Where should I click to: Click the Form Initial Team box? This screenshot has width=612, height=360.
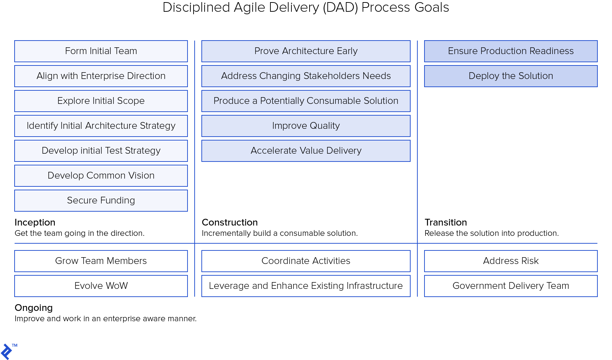tap(101, 51)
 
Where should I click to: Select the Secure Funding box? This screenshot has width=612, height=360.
tap(101, 201)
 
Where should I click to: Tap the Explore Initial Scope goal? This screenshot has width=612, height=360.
tap(101, 101)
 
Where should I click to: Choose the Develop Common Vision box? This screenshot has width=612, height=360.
tap(101, 176)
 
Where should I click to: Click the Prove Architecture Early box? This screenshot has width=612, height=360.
tap(306, 51)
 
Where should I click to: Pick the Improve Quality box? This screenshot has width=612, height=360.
tap(306, 126)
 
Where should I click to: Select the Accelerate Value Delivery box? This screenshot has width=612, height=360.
tap(306, 151)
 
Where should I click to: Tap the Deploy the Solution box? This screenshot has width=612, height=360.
tap(511, 76)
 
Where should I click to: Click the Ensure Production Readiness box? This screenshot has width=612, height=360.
tap(511, 51)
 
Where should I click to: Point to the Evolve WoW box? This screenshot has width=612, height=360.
tap(101, 286)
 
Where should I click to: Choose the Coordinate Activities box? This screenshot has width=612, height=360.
tap(306, 261)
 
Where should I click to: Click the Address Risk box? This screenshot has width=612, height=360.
tap(511, 261)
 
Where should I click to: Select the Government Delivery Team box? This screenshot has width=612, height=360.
tap(511, 286)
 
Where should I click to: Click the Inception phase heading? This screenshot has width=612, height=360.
tap(35, 222)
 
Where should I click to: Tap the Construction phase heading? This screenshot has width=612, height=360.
tap(229, 222)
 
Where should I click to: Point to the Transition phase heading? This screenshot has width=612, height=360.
tap(445, 222)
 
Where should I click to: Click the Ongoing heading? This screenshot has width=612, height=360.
tap(33, 308)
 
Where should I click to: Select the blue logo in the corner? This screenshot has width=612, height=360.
tap(6, 352)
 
